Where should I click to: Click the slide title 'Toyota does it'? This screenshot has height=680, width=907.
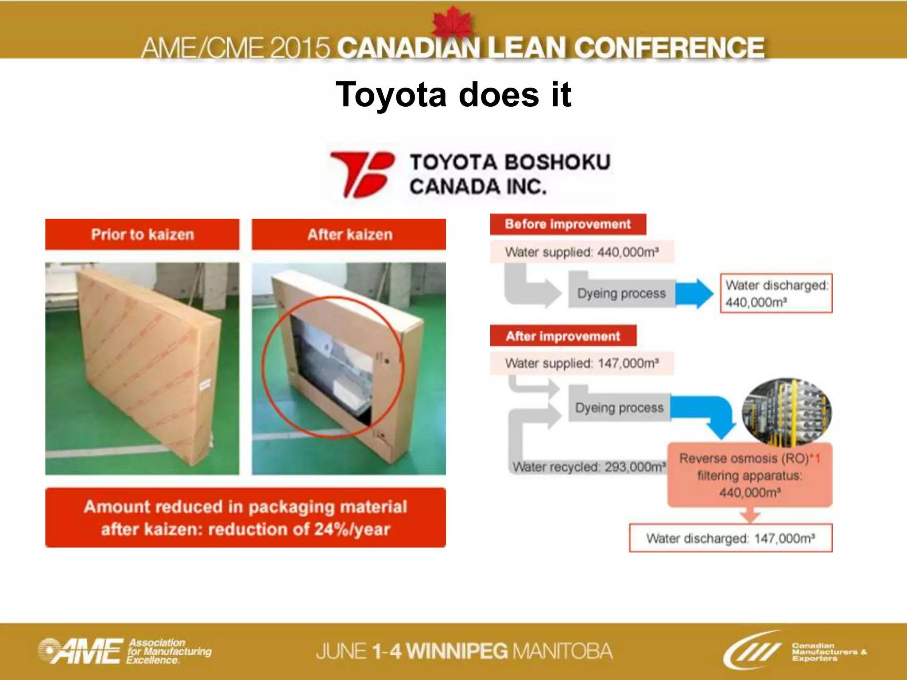[453, 95]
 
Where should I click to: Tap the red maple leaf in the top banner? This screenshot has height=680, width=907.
[453, 22]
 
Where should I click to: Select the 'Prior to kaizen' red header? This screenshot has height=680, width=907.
[142, 234]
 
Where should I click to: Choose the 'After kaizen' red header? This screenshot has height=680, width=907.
[349, 234]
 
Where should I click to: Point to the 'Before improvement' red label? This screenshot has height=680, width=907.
[567, 224]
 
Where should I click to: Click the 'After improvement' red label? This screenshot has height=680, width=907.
[563, 336]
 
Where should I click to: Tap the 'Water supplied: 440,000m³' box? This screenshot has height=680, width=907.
[581, 252]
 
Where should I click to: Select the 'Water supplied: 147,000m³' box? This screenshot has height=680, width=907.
[581, 363]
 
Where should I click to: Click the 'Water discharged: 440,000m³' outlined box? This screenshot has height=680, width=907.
[776, 294]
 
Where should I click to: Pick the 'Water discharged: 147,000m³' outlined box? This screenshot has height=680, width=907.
[730, 538]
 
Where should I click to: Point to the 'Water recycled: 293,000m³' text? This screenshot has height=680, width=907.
[589, 467]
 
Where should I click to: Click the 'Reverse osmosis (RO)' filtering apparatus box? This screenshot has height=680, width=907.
[749, 475]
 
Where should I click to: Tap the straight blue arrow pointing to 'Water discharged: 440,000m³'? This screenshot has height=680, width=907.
[694, 293]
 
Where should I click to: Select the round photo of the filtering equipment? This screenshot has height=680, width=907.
[787, 412]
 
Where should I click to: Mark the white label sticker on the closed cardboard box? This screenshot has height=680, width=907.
[205, 384]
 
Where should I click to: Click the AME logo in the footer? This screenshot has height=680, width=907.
[80, 652]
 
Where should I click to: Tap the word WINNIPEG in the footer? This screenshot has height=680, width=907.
[457, 651]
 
